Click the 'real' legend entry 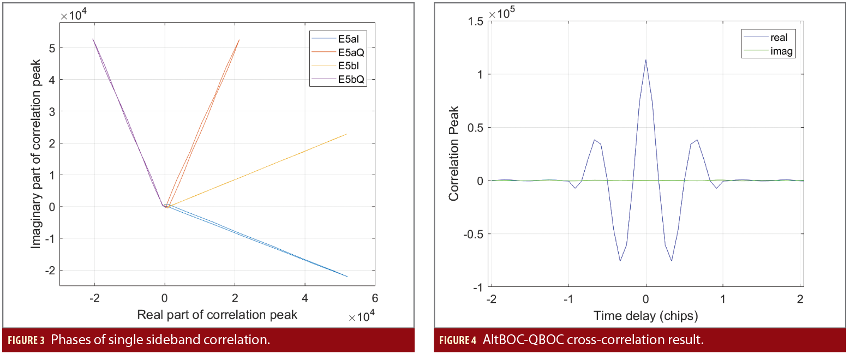click(782, 38)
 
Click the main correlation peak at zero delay click(645, 60)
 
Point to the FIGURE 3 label click(25, 341)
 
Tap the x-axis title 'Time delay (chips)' click(645, 315)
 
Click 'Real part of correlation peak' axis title click(217, 315)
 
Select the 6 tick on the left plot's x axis click(374, 298)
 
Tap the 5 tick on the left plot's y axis click(51, 48)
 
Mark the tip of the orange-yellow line click(346, 134)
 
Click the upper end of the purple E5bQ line click(93, 39)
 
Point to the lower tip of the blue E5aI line click(347, 277)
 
